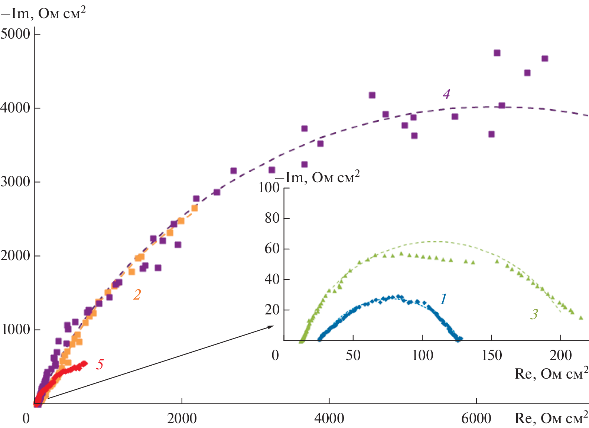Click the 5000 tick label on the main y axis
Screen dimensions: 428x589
[x=16, y=34]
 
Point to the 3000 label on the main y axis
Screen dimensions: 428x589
[x=16, y=182]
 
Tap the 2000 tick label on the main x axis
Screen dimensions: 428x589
[x=182, y=418]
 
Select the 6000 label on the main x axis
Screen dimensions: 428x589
[x=476, y=418]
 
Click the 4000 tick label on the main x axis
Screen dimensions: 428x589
[x=329, y=418]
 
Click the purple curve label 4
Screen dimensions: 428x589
[x=446, y=94]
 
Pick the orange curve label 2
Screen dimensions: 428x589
[x=137, y=294]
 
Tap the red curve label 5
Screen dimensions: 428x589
[x=100, y=364]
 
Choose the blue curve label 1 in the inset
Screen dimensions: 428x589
[x=443, y=299]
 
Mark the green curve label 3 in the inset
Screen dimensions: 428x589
[x=534, y=314]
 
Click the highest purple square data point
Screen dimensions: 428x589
[x=497, y=53]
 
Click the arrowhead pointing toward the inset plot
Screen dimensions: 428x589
[x=271, y=327]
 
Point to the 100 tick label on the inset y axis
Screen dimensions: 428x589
[x=269, y=187]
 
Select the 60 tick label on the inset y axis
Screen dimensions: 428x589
[x=272, y=248]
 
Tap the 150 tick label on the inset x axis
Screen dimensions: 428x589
[x=491, y=355]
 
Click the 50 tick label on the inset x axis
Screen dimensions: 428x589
[x=353, y=355]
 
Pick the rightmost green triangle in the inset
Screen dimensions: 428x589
[x=581, y=318]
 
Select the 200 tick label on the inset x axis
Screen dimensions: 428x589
[x=560, y=355]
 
